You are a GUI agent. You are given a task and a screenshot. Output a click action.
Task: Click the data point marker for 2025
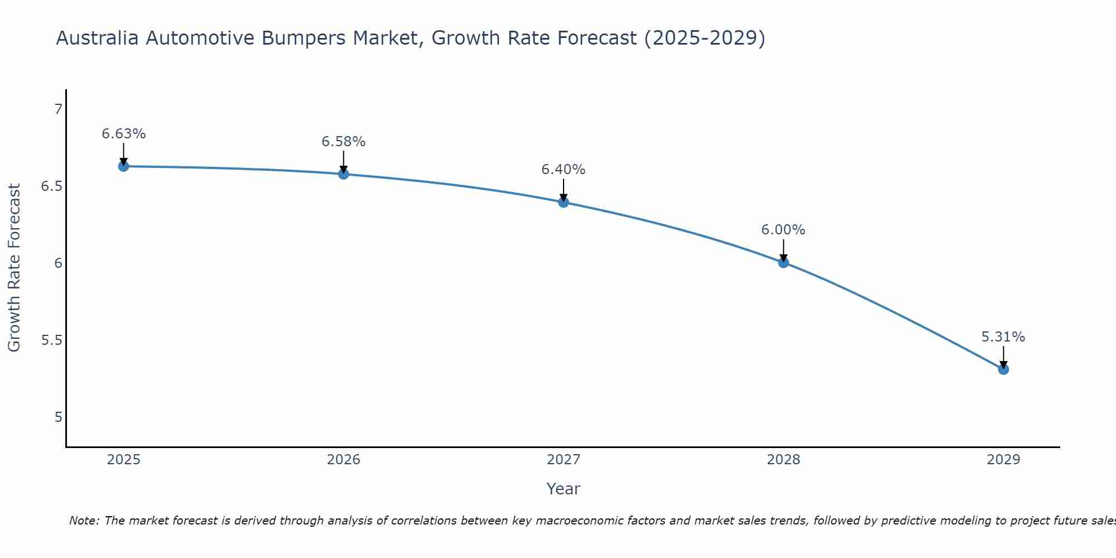(123, 166)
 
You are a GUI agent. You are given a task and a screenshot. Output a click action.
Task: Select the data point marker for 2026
(344, 174)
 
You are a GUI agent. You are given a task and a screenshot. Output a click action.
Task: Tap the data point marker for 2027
(564, 202)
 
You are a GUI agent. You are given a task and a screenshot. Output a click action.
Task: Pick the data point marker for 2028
(783, 262)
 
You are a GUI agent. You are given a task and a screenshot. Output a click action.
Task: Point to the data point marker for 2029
(1003, 369)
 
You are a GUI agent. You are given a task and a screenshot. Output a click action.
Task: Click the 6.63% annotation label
(123, 134)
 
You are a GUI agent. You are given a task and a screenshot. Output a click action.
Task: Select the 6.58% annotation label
(344, 142)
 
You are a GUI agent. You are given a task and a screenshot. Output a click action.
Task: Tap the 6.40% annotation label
(564, 170)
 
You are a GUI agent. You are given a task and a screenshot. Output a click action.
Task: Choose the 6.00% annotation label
(783, 230)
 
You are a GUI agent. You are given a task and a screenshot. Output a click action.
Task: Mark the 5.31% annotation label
(1003, 337)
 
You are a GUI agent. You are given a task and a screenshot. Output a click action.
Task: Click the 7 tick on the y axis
(58, 109)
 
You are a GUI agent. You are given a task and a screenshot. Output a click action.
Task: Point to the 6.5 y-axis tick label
(51, 186)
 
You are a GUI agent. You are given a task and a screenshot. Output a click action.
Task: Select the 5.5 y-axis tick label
(51, 340)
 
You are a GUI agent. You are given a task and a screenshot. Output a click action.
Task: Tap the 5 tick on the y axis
(58, 417)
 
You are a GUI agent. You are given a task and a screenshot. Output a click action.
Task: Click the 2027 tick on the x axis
(564, 460)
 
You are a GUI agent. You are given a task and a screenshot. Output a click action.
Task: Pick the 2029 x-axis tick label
(1003, 460)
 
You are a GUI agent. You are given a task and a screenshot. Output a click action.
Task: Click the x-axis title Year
(564, 489)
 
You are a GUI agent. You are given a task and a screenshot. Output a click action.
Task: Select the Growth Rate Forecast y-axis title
(15, 268)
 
